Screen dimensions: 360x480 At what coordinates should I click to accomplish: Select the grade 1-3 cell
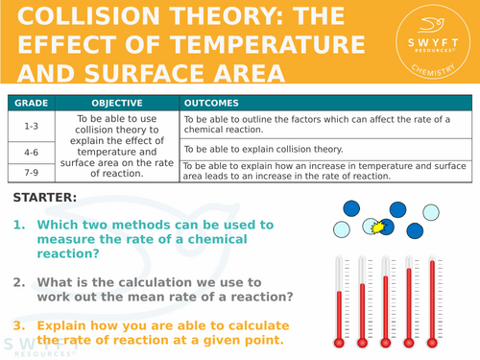[x=33, y=126]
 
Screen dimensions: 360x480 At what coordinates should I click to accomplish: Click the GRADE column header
[x=33, y=103]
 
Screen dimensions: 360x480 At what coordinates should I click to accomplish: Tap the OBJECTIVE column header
[x=117, y=103]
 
